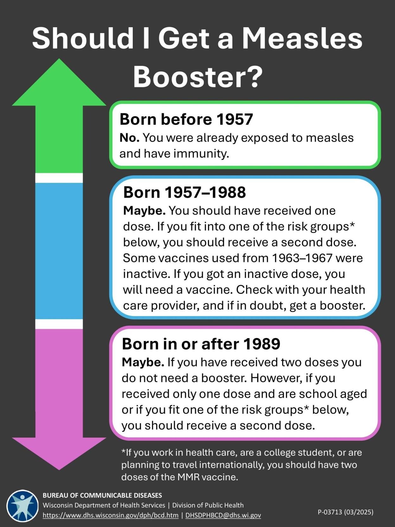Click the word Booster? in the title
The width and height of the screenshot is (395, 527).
[x=198, y=77]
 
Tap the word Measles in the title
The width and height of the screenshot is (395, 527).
[x=302, y=38]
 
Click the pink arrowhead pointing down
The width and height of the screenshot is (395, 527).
[x=59, y=452]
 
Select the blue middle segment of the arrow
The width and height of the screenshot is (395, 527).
[x=59, y=250]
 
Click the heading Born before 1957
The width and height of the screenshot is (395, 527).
[x=186, y=119]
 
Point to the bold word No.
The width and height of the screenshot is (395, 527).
[x=129, y=138]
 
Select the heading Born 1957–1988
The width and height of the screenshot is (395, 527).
[x=184, y=192]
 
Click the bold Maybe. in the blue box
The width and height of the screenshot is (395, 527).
[x=144, y=211]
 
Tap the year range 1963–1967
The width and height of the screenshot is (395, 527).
[x=302, y=258]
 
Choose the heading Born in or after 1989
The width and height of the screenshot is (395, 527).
[x=201, y=344]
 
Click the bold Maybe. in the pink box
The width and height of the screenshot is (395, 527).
[x=143, y=362]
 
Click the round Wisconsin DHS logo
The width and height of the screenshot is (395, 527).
[x=22, y=506]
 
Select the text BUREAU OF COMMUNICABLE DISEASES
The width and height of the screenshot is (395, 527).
[x=102, y=495]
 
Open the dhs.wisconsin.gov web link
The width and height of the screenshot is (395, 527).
[x=111, y=515]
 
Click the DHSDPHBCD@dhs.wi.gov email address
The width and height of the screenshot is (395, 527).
[x=223, y=515]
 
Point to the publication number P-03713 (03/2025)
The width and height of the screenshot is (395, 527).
[x=346, y=512]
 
